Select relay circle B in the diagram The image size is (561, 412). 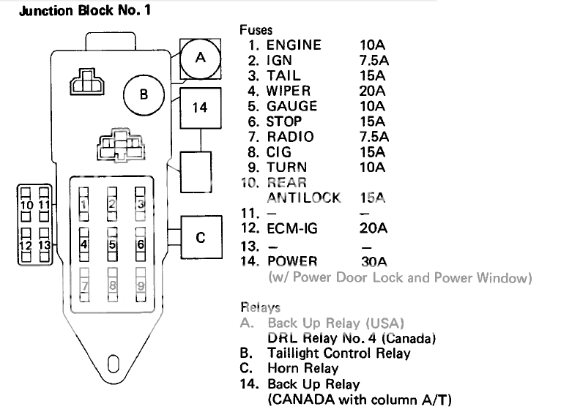pyautogui.click(x=144, y=94)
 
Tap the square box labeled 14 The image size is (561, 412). pyautogui.click(x=200, y=108)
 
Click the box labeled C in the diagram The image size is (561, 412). pyautogui.click(x=200, y=238)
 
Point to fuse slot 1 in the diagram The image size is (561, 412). pyautogui.click(x=83, y=205)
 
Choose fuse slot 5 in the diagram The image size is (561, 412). pyautogui.click(x=112, y=244)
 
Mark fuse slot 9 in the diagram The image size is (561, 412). pyautogui.click(x=140, y=284)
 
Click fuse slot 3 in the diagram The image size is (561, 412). pyautogui.click(x=140, y=205)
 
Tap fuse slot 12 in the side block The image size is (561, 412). pyautogui.click(x=26, y=245)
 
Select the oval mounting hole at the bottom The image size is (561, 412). pyautogui.click(x=112, y=362)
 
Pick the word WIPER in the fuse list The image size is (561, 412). pyautogui.click(x=289, y=91)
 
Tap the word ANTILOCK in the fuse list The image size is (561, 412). pyautogui.click(x=304, y=198)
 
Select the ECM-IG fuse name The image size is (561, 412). pyautogui.click(x=292, y=228)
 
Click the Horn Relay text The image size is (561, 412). pyautogui.click(x=302, y=368)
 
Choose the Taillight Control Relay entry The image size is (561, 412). pyautogui.click(x=338, y=353)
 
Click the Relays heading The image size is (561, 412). pyautogui.click(x=260, y=307)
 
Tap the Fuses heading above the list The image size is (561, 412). pyautogui.click(x=256, y=30)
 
